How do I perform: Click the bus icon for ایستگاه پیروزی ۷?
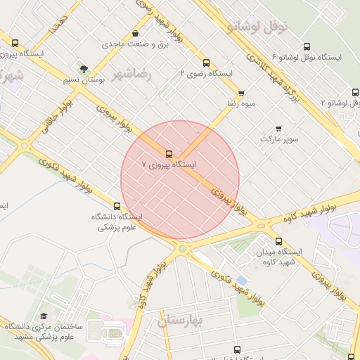(x=169, y=154)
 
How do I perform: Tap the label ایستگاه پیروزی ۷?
(x=169, y=165)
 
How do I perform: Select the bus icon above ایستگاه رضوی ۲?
(x=206, y=63)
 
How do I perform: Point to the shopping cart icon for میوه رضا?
(x=242, y=94)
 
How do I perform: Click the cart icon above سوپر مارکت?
(x=279, y=129)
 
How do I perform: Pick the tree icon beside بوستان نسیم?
(x=84, y=70)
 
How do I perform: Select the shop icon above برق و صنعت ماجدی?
(x=135, y=34)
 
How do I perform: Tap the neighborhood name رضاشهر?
(x=131, y=73)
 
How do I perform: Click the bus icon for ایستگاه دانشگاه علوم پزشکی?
(x=117, y=207)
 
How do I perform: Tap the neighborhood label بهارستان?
(x=180, y=321)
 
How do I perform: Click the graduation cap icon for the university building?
(x=44, y=316)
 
